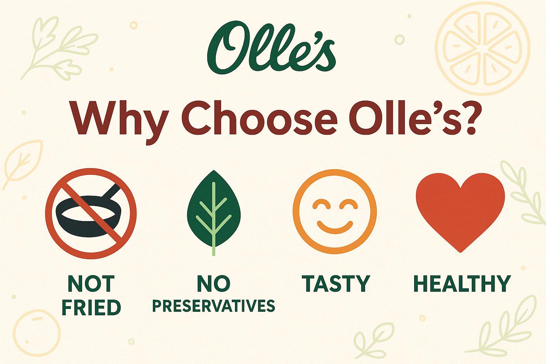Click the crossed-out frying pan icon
click(91, 213)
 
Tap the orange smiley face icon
click(334, 212)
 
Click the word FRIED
click(91, 307)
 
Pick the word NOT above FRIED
click(91, 284)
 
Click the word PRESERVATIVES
click(214, 306)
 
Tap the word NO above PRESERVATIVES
click(214, 284)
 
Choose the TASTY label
click(336, 284)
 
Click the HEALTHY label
click(462, 284)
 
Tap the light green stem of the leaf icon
click(214, 242)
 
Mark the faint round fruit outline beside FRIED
click(37, 332)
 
